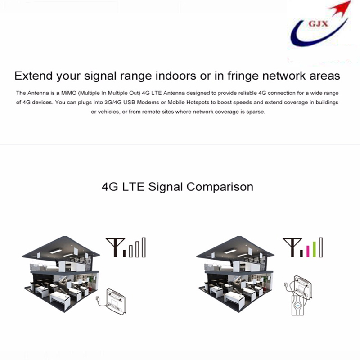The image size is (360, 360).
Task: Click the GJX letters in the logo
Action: (318, 24)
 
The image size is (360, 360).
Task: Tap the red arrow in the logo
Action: (341, 9)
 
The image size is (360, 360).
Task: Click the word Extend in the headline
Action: (34, 76)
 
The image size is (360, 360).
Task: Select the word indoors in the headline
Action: (175, 76)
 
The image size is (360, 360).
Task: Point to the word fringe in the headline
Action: (243, 76)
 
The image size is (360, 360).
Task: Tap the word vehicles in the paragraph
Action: (108, 112)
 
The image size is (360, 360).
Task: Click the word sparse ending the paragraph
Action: (256, 112)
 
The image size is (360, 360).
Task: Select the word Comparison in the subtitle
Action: (220, 187)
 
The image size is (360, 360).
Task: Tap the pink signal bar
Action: (308, 251)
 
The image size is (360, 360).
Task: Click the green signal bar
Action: (315, 249)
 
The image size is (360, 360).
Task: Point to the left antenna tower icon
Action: (115, 247)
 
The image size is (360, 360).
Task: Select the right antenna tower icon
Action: (292, 247)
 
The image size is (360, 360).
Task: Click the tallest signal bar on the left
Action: (144, 247)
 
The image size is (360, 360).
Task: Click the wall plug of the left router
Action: (97, 299)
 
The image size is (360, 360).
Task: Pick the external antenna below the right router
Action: (298, 305)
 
